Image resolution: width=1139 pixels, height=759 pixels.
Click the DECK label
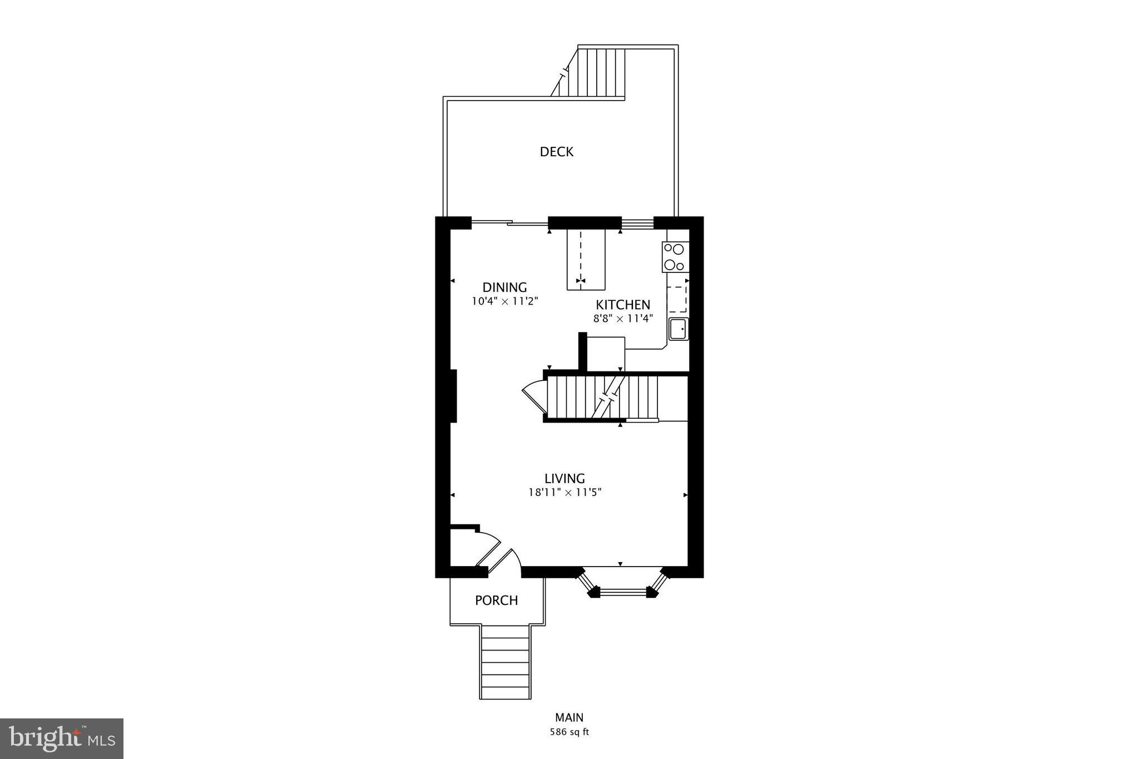[556, 152]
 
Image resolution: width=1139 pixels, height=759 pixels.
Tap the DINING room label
[504, 287]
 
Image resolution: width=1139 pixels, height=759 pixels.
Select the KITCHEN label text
[623, 305]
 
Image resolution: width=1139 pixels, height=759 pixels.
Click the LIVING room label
[564, 478]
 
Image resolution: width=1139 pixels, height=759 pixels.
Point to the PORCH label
[496, 601]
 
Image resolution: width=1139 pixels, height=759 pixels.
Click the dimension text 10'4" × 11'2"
[505, 302]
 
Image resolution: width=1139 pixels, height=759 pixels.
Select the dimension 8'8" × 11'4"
[622, 319]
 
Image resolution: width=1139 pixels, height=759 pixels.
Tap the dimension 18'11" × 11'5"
[565, 492]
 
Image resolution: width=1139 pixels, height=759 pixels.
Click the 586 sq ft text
[569, 732]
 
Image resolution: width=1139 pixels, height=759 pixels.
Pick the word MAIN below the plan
[569, 718]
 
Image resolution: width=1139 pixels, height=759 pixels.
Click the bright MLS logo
[62, 738]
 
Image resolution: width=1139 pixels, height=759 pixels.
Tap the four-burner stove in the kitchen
[675, 257]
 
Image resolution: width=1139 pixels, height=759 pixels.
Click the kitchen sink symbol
[679, 329]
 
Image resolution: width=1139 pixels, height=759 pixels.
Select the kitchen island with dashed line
[586, 260]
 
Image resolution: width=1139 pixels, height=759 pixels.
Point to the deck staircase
[598, 73]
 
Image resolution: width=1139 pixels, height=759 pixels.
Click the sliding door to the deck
[509, 224]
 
